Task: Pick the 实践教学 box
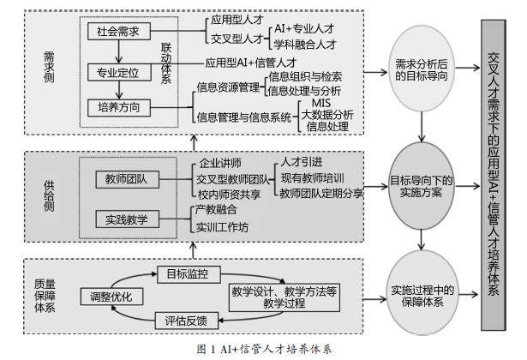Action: [x=128, y=219]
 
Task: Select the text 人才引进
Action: [x=302, y=160]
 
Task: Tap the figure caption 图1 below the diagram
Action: [x=262, y=350]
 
